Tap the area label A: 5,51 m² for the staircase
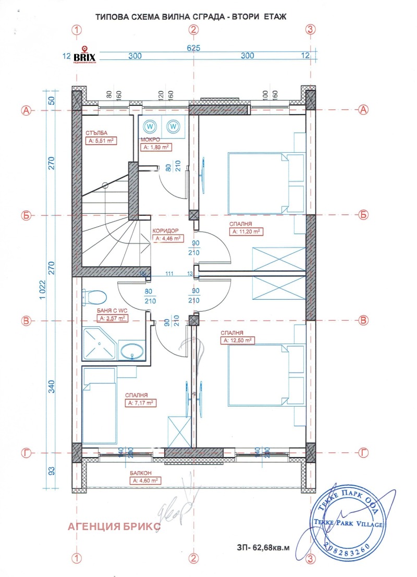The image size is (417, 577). pos(101,140)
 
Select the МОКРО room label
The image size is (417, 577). pos(149,140)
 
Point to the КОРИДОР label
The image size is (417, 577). pos(166,230)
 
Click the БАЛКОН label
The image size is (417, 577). pos(141,473)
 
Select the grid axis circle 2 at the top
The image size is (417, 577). pos(193,30)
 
